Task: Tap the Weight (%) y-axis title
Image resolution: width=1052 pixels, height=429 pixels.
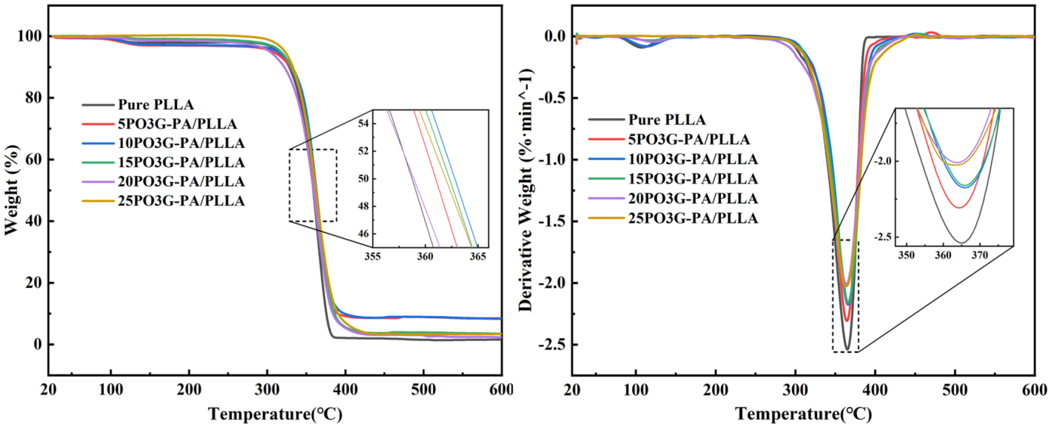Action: pyautogui.click(x=12, y=190)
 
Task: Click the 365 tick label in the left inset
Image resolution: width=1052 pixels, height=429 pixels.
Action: pyautogui.click(x=478, y=257)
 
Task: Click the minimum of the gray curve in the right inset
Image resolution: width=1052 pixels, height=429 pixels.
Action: pyautogui.click(x=961, y=243)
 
